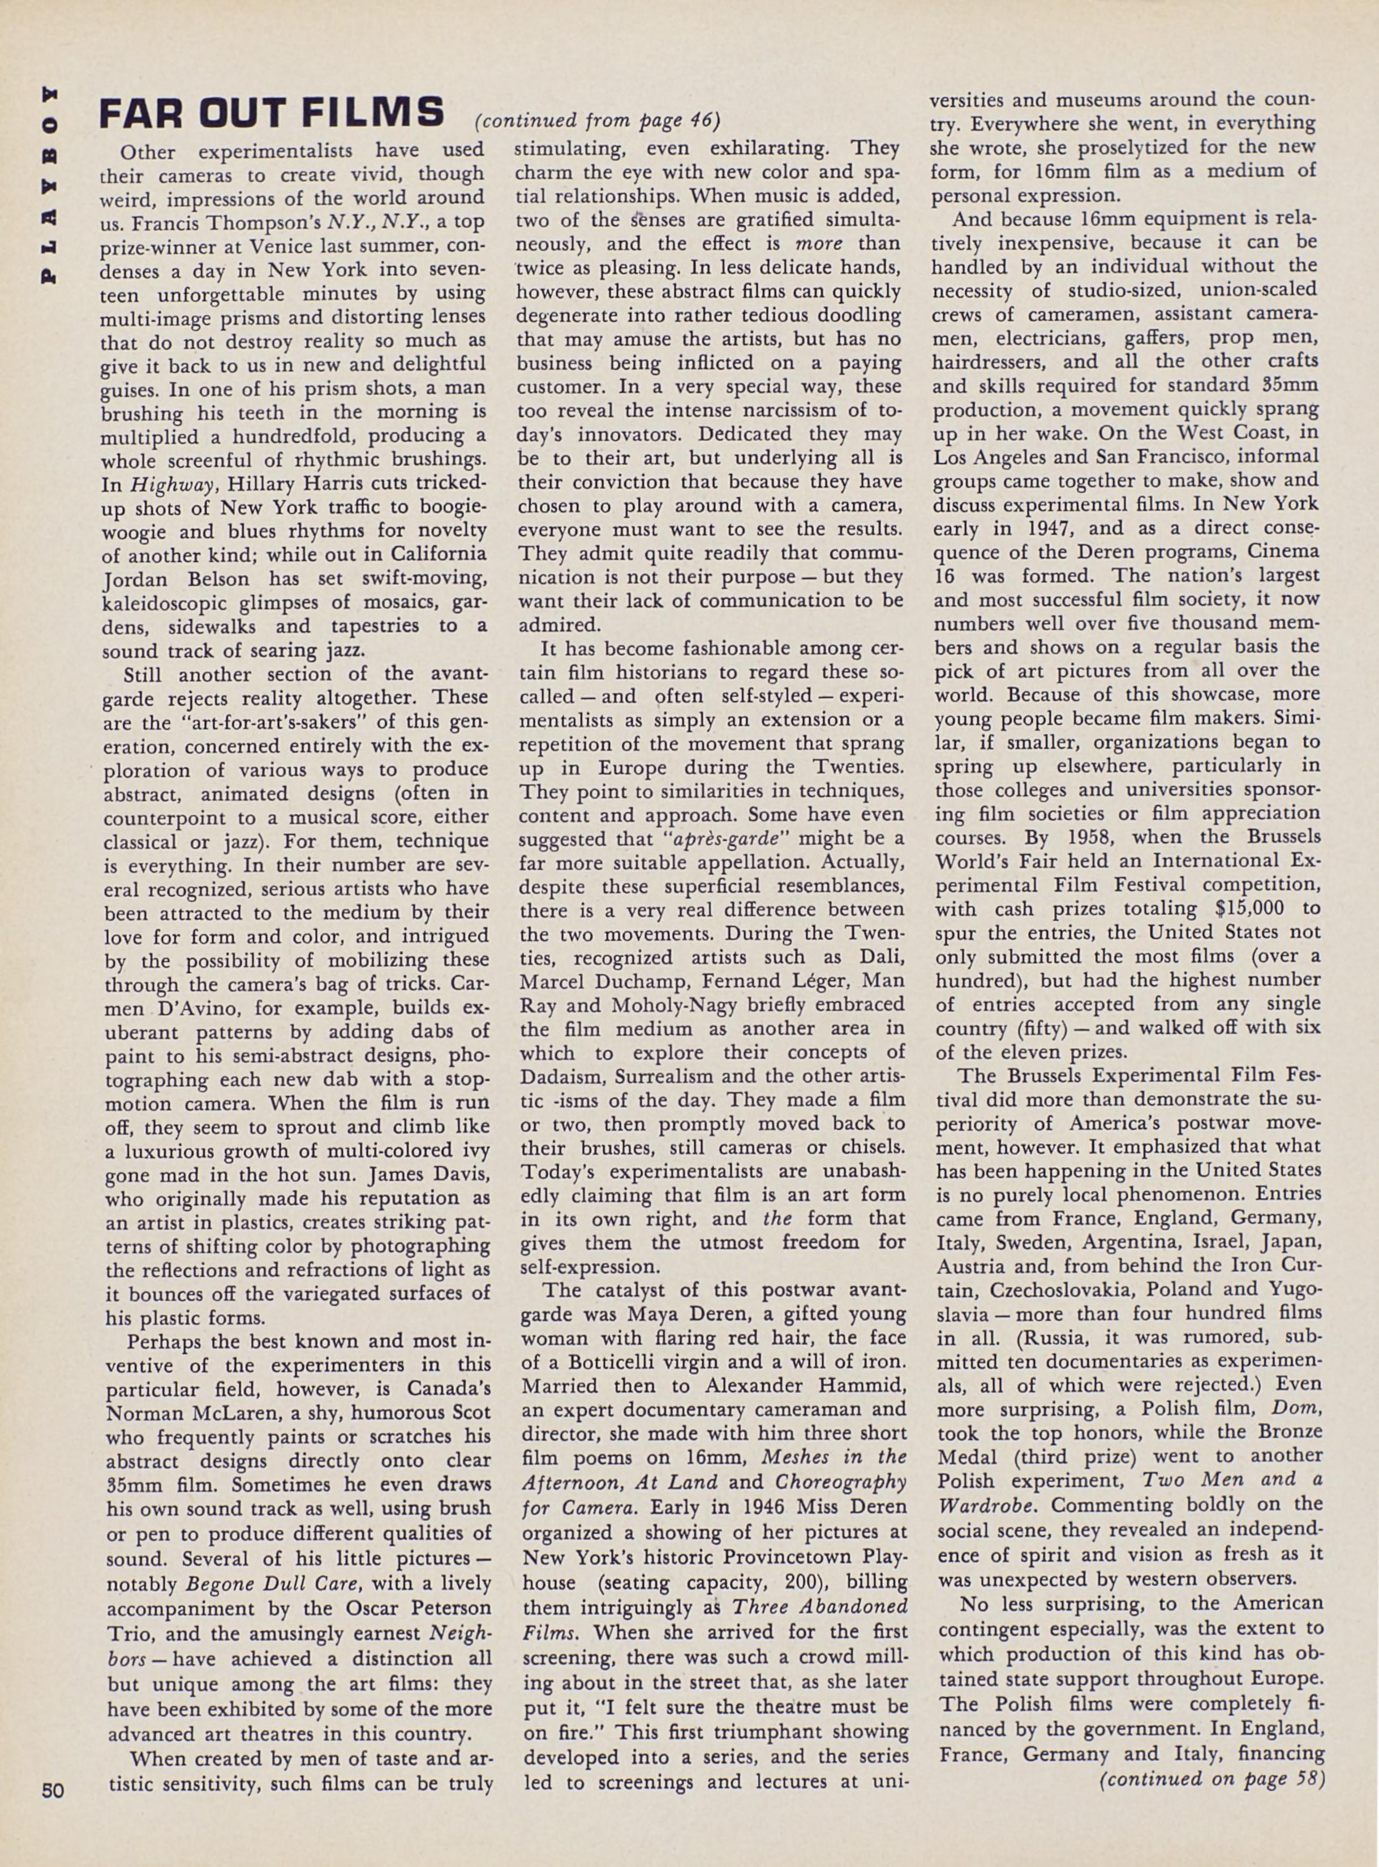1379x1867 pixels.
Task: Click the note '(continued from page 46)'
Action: click(597, 121)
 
